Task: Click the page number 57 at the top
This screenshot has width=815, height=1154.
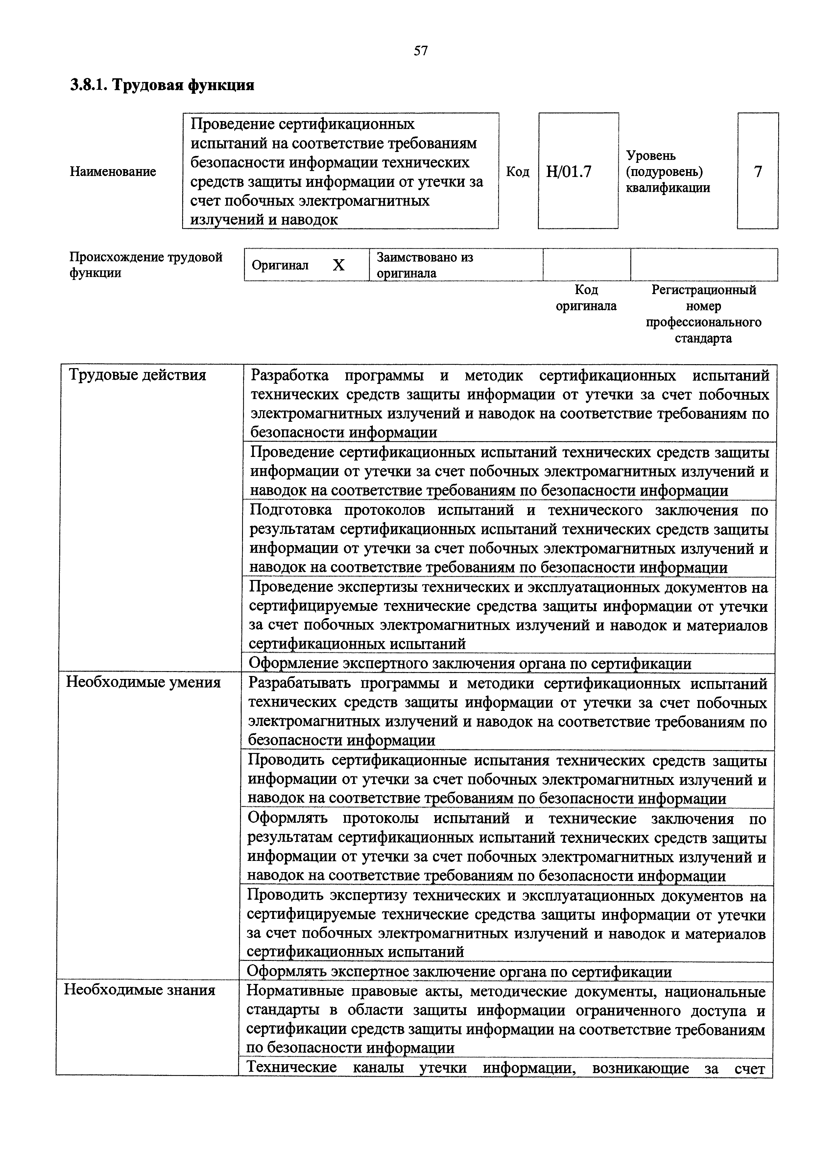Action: tap(421, 51)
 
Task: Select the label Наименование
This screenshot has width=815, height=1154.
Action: tap(113, 172)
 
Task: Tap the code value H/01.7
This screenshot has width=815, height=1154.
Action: tap(569, 172)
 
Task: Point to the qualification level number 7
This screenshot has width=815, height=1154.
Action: tap(758, 172)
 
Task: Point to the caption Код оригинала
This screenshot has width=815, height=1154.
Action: tap(586, 298)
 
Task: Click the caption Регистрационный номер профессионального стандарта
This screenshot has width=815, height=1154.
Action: tap(704, 314)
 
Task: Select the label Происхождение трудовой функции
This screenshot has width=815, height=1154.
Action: tap(146, 265)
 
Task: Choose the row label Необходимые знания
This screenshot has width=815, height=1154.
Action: tap(140, 990)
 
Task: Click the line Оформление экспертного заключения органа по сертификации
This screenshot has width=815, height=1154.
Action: tap(470, 664)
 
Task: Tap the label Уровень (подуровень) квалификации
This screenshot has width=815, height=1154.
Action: tap(668, 172)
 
